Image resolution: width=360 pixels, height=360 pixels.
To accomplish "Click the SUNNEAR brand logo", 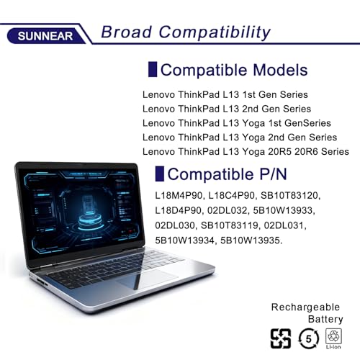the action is tap(45, 36).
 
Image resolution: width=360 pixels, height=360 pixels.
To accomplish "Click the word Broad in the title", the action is tap(126, 32).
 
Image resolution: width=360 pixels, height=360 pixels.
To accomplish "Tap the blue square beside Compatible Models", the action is tap(153, 69).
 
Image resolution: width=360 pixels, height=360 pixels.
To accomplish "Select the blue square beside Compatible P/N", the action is tap(160, 174).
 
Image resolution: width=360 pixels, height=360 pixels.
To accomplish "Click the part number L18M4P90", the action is tap(179, 195).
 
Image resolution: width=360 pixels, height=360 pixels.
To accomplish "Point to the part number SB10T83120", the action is tap(291, 195).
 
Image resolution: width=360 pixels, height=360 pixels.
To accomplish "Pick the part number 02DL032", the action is tap(228, 210).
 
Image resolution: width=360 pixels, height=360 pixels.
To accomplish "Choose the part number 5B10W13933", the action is tap(284, 210).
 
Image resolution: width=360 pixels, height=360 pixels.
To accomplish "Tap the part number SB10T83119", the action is tap(230, 225).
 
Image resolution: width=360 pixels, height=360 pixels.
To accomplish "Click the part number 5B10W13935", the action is tap(251, 240).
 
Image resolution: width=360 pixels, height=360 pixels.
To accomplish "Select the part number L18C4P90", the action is tap(232, 195).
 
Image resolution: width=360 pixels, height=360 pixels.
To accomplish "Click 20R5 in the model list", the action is tap(279, 152).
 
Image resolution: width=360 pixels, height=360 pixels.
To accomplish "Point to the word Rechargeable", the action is tap(305, 307).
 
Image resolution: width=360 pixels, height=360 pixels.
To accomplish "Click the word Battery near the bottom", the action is tap(325, 319).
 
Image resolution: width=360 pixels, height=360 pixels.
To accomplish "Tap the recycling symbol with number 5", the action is tap(309, 338).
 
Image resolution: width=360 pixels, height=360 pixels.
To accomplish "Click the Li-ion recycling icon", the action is tap(333, 338).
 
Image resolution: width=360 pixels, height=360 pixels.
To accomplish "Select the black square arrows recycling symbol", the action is tap(281, 338).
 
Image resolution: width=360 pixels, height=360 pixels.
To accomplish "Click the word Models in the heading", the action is tap(280, 70).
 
